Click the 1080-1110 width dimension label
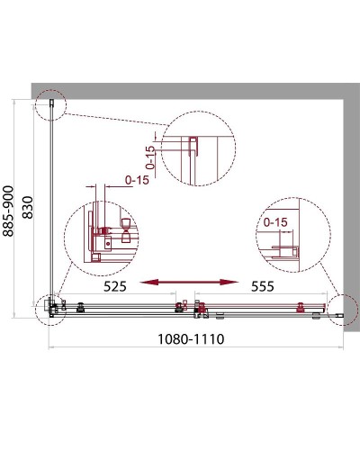pyautogui.click(x=191, y=339)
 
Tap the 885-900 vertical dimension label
pyautogui.click(x=8, y=211)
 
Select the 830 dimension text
pyautogui.click(x=28, y=207)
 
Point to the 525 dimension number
pyautogui.click(x=115, y=286)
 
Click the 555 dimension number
pyautogui.click(x=263, y=286)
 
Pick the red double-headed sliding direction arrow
pyautogui.click(x=189, y=282)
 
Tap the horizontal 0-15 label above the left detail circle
pyautogui.click(x=137, y=180)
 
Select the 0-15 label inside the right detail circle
pyautogui.click(x=275, y=222)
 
